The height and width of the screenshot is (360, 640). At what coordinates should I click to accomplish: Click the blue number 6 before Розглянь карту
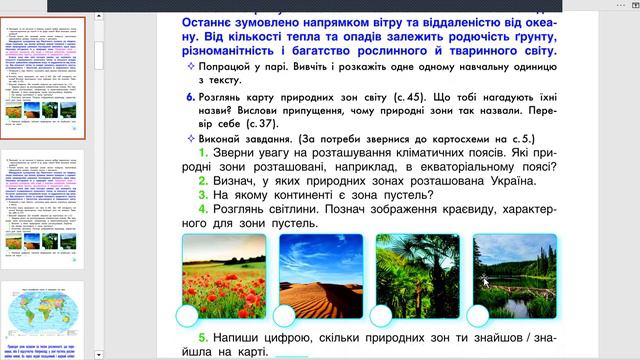pyautogui.click(x=190, y=96)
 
